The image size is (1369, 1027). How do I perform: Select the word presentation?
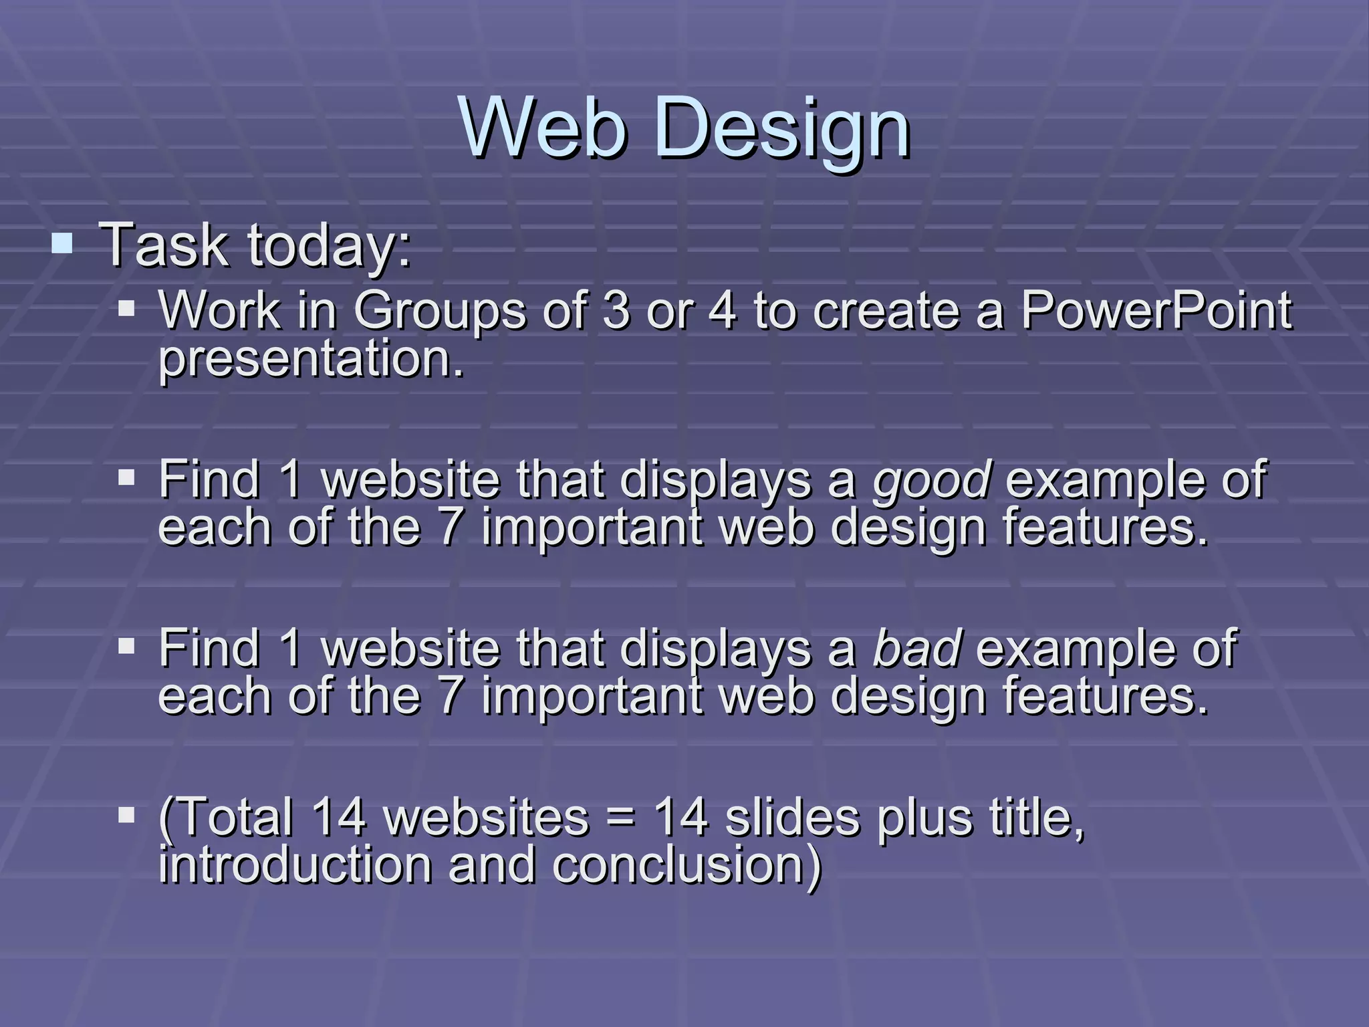[x=311, y=359]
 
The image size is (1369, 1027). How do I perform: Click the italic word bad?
[x=918, y=649]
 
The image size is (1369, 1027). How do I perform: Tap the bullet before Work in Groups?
[x=126, y=309]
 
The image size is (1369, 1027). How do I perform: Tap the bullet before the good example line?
[x=126, y=477]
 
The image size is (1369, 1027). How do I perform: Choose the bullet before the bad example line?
[x=126, y=646]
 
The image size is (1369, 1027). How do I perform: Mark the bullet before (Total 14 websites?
[x=126, y=814]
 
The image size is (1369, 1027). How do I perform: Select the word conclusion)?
[x=687, y=865]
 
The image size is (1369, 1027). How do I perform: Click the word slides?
[x=792, y=817]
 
